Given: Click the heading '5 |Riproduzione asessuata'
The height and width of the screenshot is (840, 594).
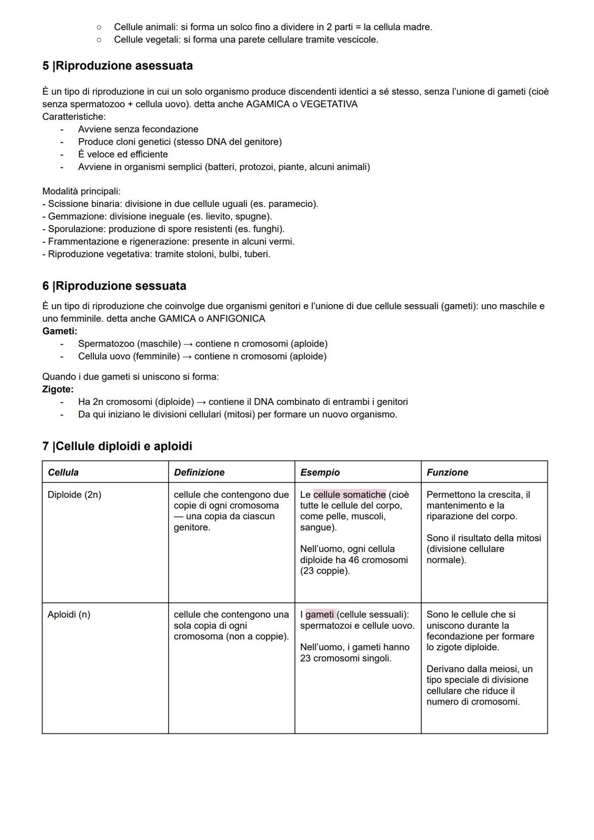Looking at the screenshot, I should [x=117, y=66].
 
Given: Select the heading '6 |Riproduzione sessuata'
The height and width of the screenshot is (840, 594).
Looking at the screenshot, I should [x=114, y=286].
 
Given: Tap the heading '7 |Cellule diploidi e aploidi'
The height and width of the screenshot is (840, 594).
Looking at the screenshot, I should [x=117, y=446].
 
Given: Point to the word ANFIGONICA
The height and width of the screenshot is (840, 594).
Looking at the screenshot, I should [x=235, y=319].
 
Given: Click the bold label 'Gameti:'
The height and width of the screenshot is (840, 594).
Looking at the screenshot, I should [x=59, y=331].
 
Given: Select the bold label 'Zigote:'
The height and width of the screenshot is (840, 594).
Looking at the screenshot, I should [x=58, y=389].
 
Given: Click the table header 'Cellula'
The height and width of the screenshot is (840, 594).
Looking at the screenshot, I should [x=63, y=473].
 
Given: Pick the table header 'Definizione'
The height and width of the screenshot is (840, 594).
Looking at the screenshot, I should [x=199, y=473].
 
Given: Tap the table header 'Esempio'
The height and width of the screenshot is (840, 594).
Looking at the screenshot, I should [x=320, y=473].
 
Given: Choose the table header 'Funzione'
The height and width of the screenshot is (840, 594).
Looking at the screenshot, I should [x=447, y=473].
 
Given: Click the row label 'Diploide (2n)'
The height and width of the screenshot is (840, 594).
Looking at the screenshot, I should [x=74, y=495].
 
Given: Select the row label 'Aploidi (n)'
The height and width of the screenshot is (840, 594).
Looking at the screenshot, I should [x=69, y=614].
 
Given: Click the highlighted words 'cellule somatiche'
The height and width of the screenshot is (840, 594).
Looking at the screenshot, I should [x=350, y=495].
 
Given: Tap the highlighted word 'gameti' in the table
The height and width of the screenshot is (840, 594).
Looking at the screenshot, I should [x=320, y=614].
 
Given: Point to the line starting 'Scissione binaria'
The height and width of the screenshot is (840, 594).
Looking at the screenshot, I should [x=82, y=204].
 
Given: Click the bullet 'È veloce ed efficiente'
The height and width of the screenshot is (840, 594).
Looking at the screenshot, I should [x=123, y=155].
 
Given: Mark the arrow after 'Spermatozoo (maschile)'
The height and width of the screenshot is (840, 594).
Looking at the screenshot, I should [x=188, y=344].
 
